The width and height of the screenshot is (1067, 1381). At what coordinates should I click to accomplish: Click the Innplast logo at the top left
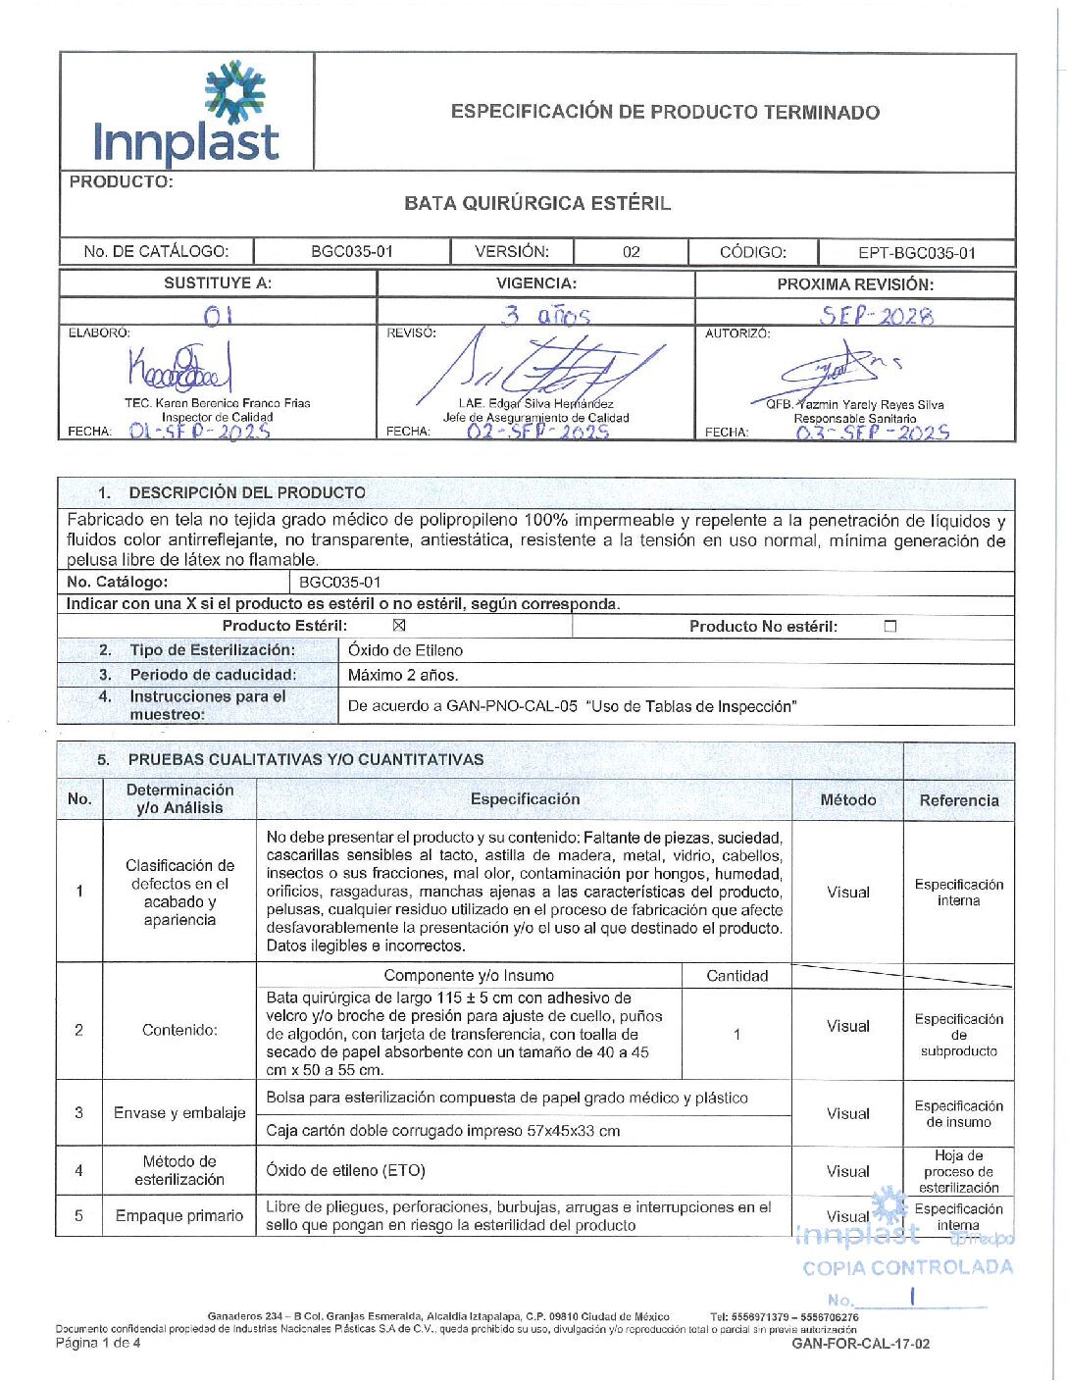[x=186, y=113]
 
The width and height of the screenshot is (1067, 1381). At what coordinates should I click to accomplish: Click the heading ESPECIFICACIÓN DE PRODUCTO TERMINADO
[x=665, y=112]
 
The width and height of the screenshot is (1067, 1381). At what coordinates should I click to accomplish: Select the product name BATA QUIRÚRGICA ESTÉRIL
[x=537, y=203]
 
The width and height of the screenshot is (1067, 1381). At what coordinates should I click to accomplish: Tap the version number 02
[x=632, y=252]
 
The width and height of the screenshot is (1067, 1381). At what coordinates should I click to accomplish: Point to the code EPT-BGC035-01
[x=917, y=253]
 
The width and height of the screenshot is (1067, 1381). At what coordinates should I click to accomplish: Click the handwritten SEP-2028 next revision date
[x=877, y=316]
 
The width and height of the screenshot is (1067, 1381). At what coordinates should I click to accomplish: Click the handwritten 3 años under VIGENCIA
[x=546, y=315]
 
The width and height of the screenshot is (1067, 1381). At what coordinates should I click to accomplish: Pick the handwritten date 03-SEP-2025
[x=872, y=433]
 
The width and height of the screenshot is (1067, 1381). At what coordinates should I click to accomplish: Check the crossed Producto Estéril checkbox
[x=399, y=626]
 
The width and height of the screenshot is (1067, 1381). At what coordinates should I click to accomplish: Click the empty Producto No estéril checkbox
[x=890, y=626]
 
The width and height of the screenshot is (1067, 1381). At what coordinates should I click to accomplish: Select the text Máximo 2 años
[x=403, y=675]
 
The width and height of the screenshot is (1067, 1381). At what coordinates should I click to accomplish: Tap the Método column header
[x=848, y=800]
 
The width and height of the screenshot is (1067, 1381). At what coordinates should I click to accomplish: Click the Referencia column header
[x=959, y=800]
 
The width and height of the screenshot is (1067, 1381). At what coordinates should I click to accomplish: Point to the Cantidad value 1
[x=737, y=1034]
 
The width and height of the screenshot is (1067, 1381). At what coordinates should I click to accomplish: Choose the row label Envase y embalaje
[x=179, y=1112]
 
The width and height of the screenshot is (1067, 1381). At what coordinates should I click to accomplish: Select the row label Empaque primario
[x=179, y=1215]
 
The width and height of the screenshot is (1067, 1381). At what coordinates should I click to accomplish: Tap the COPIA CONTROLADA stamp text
[x=907, y=1267]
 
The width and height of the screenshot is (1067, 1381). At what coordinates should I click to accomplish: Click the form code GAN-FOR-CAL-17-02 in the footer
[x=860, y=1344]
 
